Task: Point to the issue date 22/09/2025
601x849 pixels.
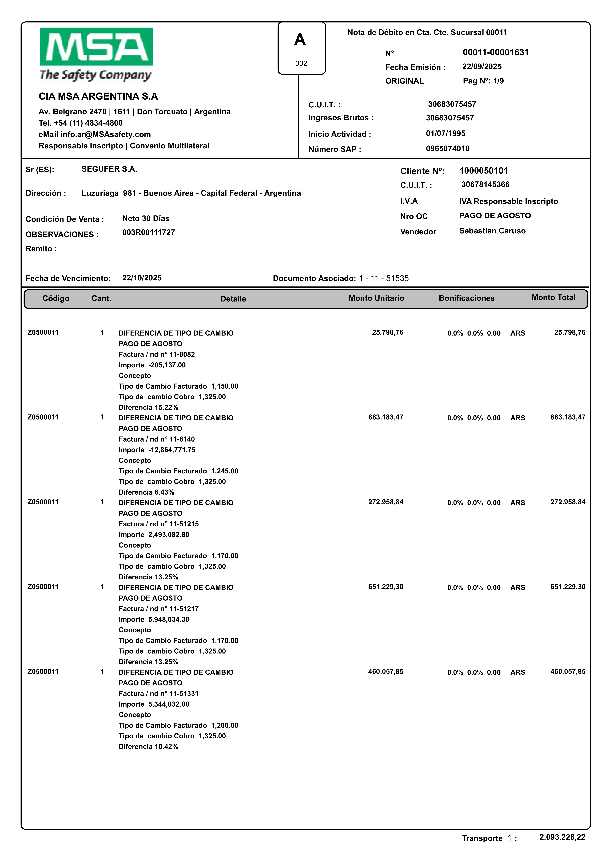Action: [x=482, y=67]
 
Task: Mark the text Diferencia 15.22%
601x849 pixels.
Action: [x=148, y=407]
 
